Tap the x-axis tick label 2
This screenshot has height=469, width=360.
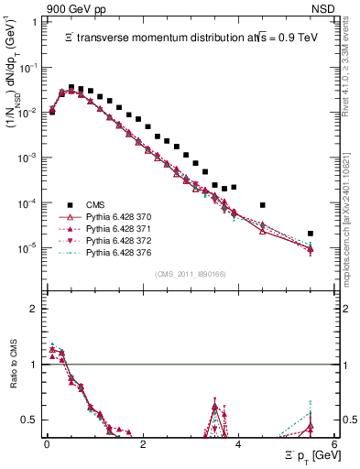pos(142,443)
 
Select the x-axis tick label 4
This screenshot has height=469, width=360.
pos(238,443)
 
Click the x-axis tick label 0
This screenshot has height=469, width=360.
pos(47,443)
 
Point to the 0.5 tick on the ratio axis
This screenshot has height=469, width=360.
pos(30,420)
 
